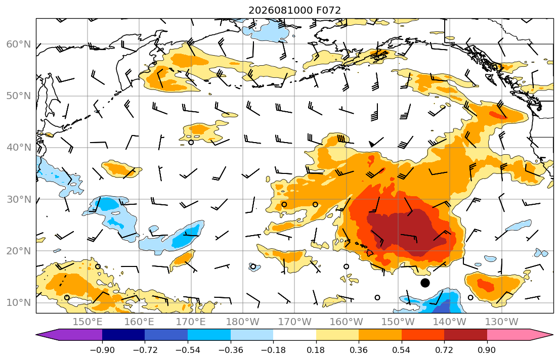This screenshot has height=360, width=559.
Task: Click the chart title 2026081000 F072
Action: click(294, 10)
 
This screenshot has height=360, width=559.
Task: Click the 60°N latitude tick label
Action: click(19, 44)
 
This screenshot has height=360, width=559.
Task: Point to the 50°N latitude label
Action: click(19, 96)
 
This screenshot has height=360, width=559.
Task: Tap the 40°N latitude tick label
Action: click(19, 148)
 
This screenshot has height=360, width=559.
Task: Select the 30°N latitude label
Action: click(19, 199)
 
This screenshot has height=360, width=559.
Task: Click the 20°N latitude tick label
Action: click(19, 251)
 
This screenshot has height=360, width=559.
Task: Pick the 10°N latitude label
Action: click(19, 303)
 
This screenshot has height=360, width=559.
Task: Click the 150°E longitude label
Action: click(88, 322)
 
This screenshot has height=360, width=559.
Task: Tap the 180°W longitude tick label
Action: click(243, 322)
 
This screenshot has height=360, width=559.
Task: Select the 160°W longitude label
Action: click(346, 322)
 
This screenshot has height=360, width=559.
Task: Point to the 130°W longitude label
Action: click(502, 322)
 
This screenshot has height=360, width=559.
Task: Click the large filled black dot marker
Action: click(425, 283)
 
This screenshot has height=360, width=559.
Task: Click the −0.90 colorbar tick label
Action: click(102, 350)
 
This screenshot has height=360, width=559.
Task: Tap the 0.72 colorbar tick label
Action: click(444, 350)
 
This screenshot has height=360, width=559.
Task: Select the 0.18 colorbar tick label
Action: click(316, 350)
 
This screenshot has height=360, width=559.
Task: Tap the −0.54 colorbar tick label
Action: click(188, 350)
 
